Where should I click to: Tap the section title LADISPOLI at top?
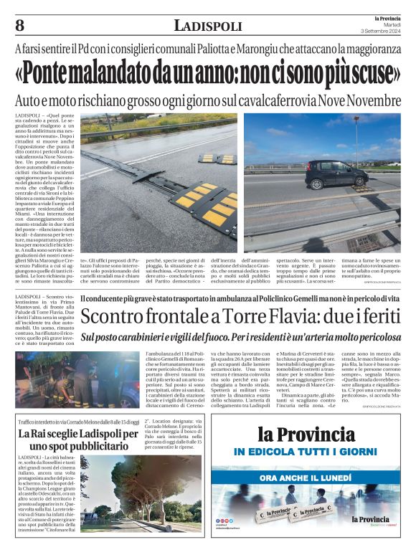(x=208, y=27)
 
